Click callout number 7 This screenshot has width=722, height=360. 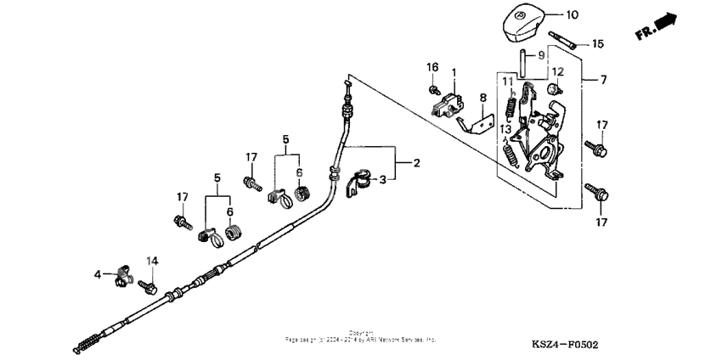pyautogui.click(x=603, y=80)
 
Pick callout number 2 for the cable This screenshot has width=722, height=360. pyautogui.click(x=416, y=162)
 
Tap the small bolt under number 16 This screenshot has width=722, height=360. pyautogui.click(x=433, y=88)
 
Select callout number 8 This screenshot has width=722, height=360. pyautogui.click(x=483, y=98)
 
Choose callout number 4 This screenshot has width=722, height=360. pyautogui.click(x=98, y=274)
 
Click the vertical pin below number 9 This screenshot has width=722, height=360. pyautogui.click(x=516, y=64)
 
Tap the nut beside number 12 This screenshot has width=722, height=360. pyautogui.click(x=553, y=88)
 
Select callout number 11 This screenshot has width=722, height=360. pyautogui.click(x=507, y=82)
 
